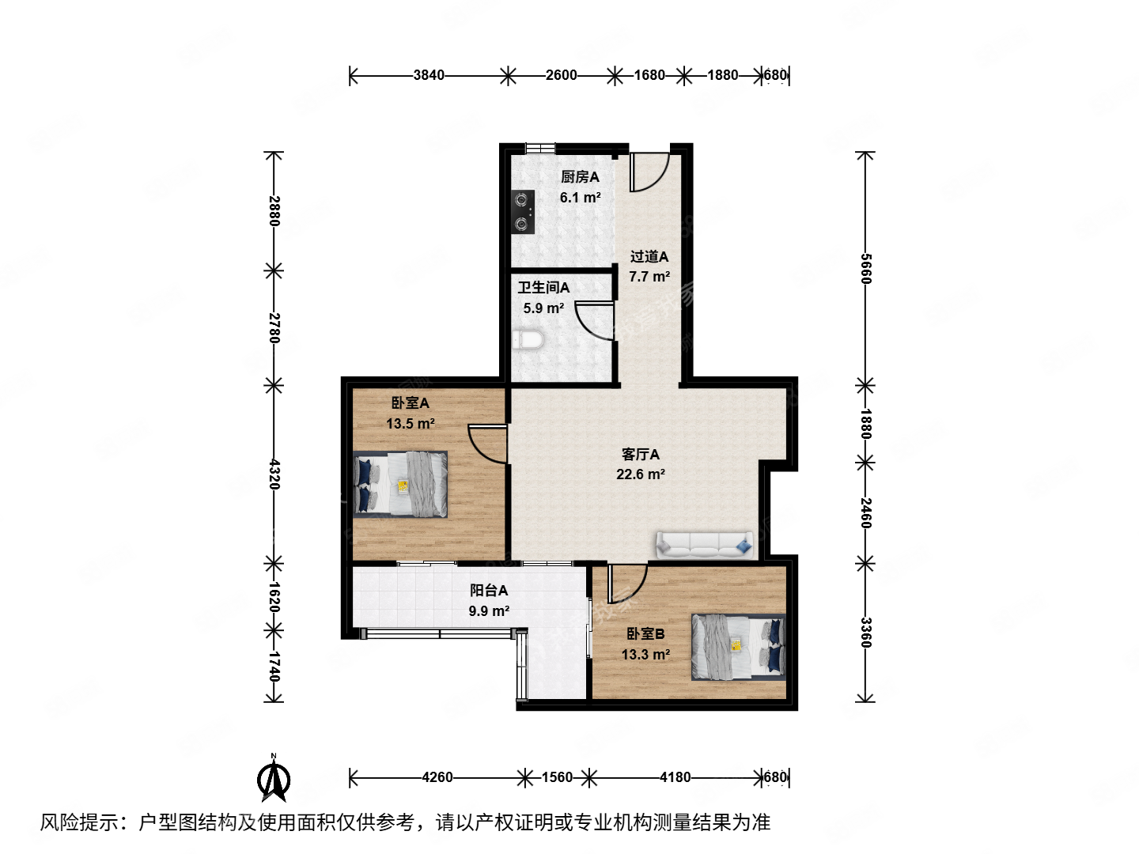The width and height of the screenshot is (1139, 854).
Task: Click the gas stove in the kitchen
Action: pyautogui.click(x=523, y=212)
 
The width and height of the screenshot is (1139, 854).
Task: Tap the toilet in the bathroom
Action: pyautogui.click(x=528, y=341)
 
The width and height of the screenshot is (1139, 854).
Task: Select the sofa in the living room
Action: pyautogui.click(x=704, y=544)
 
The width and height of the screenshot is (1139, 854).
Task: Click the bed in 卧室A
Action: pyautogui.click(x=400, y=484)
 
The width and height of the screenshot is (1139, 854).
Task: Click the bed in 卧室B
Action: pyautogui.click(x=739, y=647)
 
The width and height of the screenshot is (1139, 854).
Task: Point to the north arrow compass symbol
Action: pyautogui.click(x=274, y=778)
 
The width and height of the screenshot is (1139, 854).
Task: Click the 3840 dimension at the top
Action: pyautogui.click(x=429, y=75)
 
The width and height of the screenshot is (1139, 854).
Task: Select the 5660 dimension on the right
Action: pyautogui.click(x=865, y=269)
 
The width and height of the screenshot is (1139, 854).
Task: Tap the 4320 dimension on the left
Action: pyautogui.click(x=274, y=474)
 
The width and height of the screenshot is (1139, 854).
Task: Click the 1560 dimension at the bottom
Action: pyautogui.click(x=557, y=777)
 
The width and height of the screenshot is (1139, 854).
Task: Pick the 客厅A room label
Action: pyautogui.click(x=640, y=455)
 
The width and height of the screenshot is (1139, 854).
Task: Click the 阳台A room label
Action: pyautogui.click(x=489, y=590)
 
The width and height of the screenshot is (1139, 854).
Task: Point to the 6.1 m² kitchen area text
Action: pyautogui.click(x=580, y=198)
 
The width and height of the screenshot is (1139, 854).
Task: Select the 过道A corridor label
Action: pyautogui.click(x=649, y=256)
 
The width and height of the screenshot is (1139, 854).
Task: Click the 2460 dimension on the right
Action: pyautogui.click(x=865, y=512)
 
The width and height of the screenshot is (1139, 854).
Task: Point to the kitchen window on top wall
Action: pyautogui.click(x=540, y=148)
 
